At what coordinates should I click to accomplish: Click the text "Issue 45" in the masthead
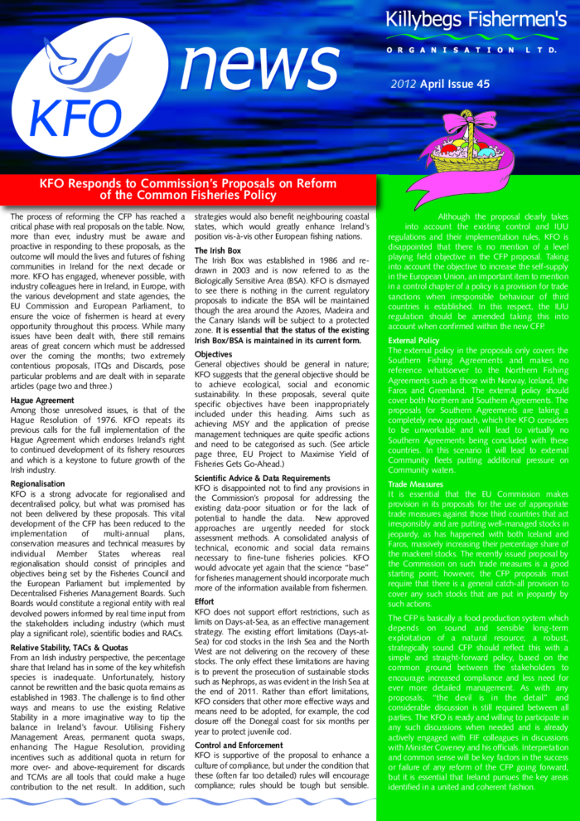pyautogui.click(x=469, y=84)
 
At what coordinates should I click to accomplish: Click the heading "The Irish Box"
pyautogui.click(x=218, y=250)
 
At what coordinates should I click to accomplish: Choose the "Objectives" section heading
pyautogui.click(x=213, y=354)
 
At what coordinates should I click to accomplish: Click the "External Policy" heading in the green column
pyautogui.click(x=413, y=340)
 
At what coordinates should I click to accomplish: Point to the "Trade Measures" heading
pyautogui.click(x=415, y=483)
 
